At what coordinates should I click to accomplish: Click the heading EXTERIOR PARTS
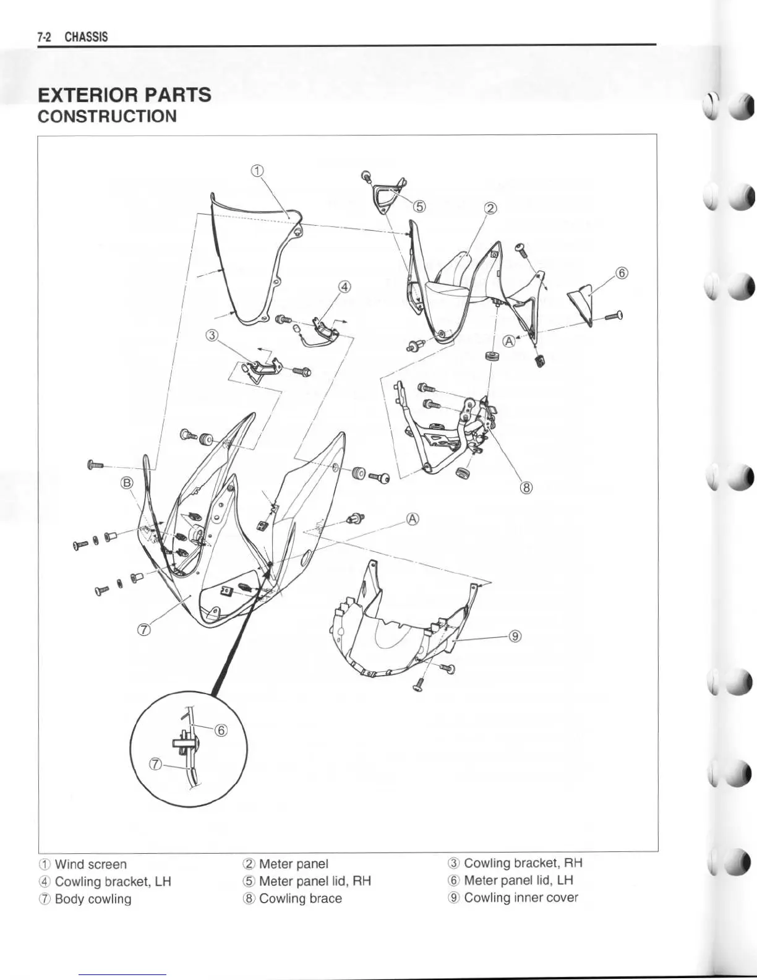124,95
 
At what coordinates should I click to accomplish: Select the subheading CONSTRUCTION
107,116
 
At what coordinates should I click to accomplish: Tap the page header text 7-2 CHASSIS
72,37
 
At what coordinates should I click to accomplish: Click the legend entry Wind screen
90,864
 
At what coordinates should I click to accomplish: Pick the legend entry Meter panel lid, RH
315,881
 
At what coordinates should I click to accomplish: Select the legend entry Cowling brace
301,898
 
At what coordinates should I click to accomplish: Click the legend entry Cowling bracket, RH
523,863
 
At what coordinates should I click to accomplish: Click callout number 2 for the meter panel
490,208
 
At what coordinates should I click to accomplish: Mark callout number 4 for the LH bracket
345,286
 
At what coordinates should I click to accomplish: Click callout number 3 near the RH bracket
212,335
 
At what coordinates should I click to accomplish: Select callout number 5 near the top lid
419,207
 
